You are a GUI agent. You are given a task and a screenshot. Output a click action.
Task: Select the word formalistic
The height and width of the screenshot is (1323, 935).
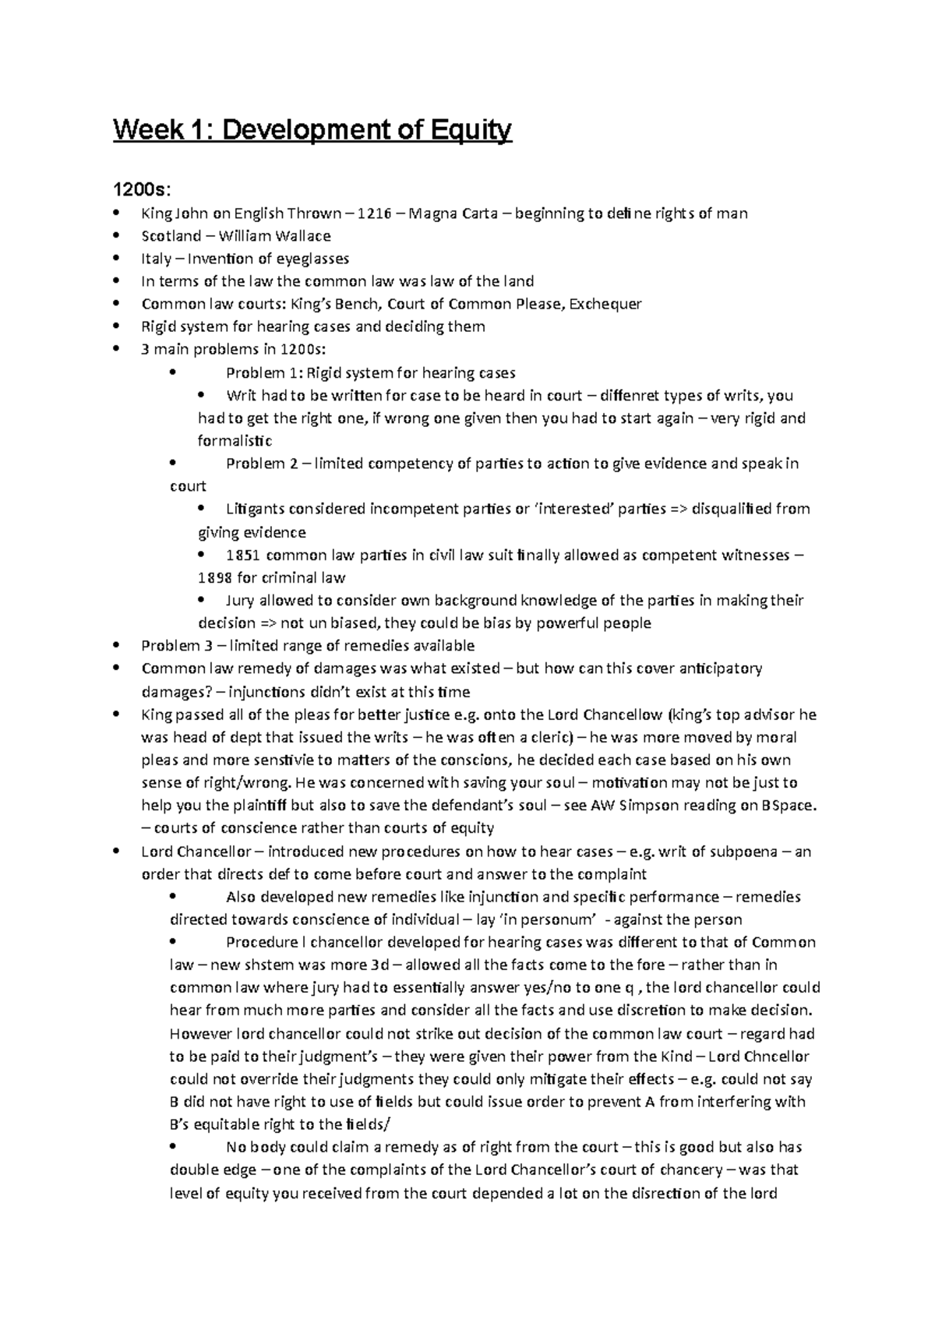tap(235, 440)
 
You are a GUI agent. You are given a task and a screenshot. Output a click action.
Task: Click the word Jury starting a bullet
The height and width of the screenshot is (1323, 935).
tap(239, 600)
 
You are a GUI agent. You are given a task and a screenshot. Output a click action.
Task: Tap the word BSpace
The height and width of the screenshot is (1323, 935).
tap(788, 805)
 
